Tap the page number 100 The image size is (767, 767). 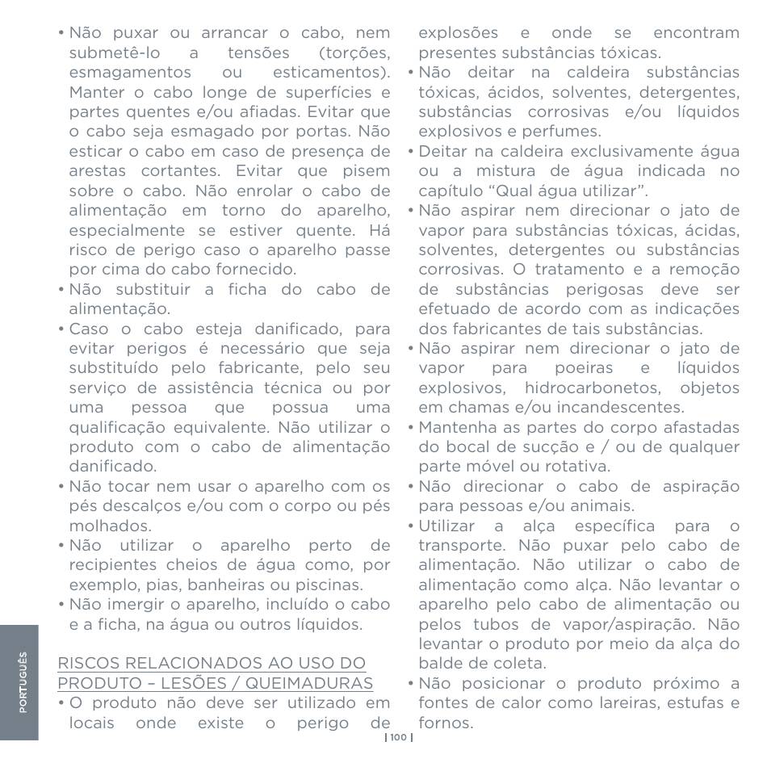click(399, 736)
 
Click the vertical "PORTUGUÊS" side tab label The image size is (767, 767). click(23, 683)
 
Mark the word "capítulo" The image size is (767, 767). click(448, 191)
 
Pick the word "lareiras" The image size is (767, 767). click(622, 703)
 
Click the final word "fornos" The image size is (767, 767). click(443, 723)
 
